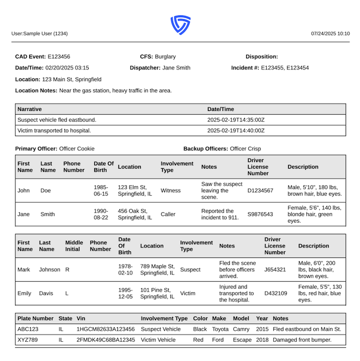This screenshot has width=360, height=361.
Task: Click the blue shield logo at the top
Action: (180, 25)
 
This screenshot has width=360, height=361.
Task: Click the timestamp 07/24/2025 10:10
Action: (330, 34)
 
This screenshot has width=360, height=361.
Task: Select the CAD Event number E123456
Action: (59, 57)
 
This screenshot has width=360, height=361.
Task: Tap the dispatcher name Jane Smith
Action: (176, 68)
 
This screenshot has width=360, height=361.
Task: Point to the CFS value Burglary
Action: (165, 57)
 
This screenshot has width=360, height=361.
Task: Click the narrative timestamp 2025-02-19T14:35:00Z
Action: (235, 120)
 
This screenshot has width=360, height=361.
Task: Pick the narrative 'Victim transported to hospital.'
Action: (55, 131)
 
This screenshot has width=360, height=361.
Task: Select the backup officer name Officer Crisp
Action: (245, 149)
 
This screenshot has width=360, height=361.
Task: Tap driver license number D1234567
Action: (260, 191)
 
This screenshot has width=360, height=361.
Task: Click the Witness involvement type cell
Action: (170, 191)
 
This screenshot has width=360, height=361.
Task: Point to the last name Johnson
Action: (51, 270)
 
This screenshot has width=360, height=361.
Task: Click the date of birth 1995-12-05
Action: (125, 293)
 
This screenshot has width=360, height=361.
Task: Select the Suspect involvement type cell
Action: (190, 270)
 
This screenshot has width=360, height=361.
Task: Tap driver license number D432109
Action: (276, 293)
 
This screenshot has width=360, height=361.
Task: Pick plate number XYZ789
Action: (28, 340)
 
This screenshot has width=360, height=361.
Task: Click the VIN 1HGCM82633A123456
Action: (105, 329)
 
